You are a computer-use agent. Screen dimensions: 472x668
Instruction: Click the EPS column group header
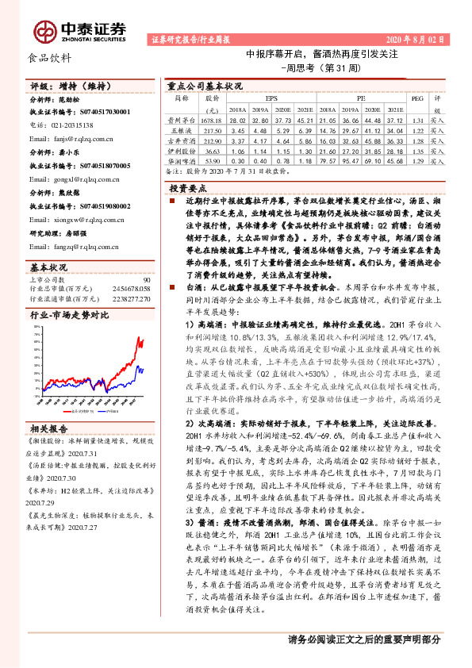point(272,99)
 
